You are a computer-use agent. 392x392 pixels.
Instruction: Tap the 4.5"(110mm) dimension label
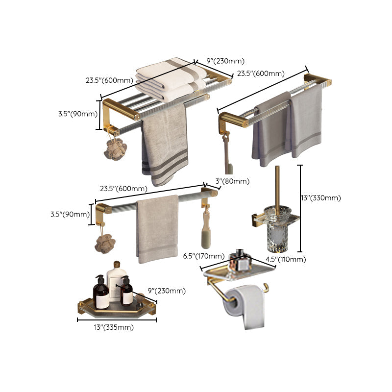[286, 259]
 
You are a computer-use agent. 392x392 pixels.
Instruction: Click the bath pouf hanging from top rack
[115, 149]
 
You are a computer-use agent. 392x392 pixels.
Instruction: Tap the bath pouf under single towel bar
[105, 243]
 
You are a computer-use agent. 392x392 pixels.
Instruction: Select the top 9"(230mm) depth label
[225, 61]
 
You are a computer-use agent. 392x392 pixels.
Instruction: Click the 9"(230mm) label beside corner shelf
[166, 291]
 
